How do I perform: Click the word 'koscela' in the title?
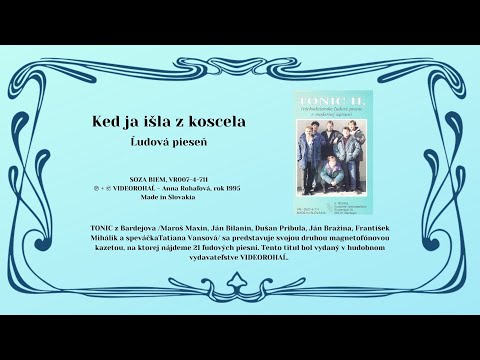tap(211, 122)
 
